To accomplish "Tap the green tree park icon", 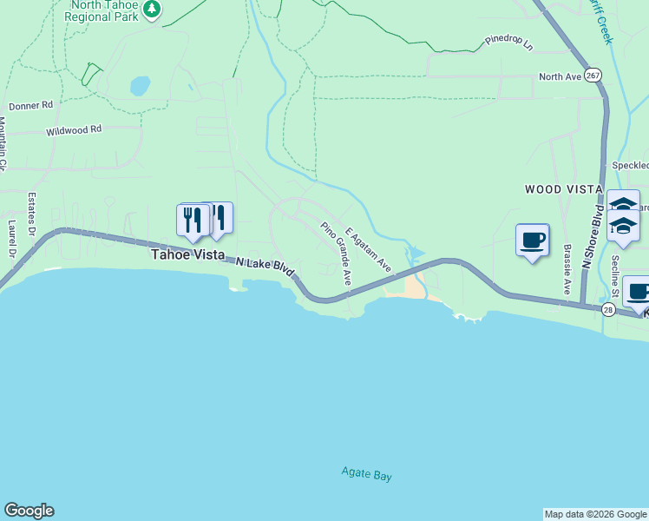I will click(152, 9).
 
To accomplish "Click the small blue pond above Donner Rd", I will click(139, 86).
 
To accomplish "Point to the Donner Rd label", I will click(31, 105).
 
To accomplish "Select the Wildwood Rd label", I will click(74, 129).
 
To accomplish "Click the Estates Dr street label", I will click(31, 213).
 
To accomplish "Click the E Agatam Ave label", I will click(368, 250).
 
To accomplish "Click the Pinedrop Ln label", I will click(509, 40).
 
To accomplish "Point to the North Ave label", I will click(560, 76).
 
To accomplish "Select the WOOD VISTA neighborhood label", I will click(563, 188).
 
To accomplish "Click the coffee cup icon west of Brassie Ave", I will click(532, 240).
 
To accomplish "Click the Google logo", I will click(29, 511).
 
